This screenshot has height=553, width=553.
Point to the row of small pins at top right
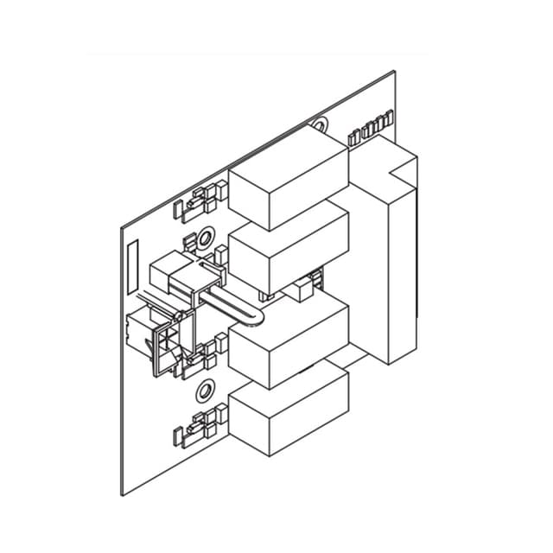(x=372, y=134)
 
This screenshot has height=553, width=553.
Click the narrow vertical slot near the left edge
(x=132, y=267)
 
